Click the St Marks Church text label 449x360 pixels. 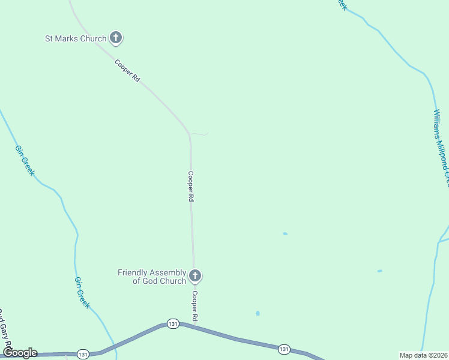pyautogui.click(x=76, y=38)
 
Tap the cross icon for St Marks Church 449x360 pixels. pyautogui.click(x=116, y=38)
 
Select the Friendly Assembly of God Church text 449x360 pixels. pyautogui.click(x=152, y=277)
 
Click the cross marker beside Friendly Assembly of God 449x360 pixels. pyautogui.click(x=194, y=276)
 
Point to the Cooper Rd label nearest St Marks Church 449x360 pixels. pyautogui.click(x=128, y=70)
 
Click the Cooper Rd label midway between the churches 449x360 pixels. pyautogui.click(x=190, y=187)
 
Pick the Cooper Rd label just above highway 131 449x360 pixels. pyautogui.click(x=194, y=305)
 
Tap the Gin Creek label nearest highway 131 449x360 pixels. pyautogui.click(x=82, y=293)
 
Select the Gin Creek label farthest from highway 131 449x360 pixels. pyautogui.click(x=25, y=160)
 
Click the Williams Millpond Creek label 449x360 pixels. pyautogui.click(x=441, y=147)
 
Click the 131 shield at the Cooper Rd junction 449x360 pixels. pyautogui.click(x=173, y=323)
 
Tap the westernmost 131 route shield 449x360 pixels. pyautogui.click(x=83, y=354)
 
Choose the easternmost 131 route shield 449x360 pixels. pyautogui.click(x=284, y=349)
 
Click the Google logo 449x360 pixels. pyautogui.click(x=20, y=353)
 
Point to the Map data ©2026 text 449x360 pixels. pyautogui.click(x=423, y=355)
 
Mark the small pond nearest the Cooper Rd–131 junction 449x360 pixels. pyautogui.click(x=258, y=313)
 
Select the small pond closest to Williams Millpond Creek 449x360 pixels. pyautogui.click(x=379, y=271)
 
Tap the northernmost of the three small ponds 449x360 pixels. pyautogui.click(x=285, y=234)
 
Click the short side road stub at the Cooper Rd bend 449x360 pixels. pyautogui.click(x=200, y=134)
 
